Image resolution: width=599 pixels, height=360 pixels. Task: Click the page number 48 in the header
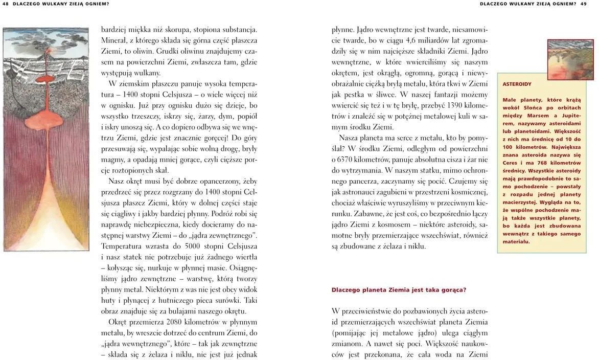6,4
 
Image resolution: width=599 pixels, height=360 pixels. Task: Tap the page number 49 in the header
583,4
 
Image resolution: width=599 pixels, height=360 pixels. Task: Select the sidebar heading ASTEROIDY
517,84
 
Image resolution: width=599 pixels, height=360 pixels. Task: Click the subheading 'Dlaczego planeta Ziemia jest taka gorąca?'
399,290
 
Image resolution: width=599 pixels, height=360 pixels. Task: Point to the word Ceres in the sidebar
511,163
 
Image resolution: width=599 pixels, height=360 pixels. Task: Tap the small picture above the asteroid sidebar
570,60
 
